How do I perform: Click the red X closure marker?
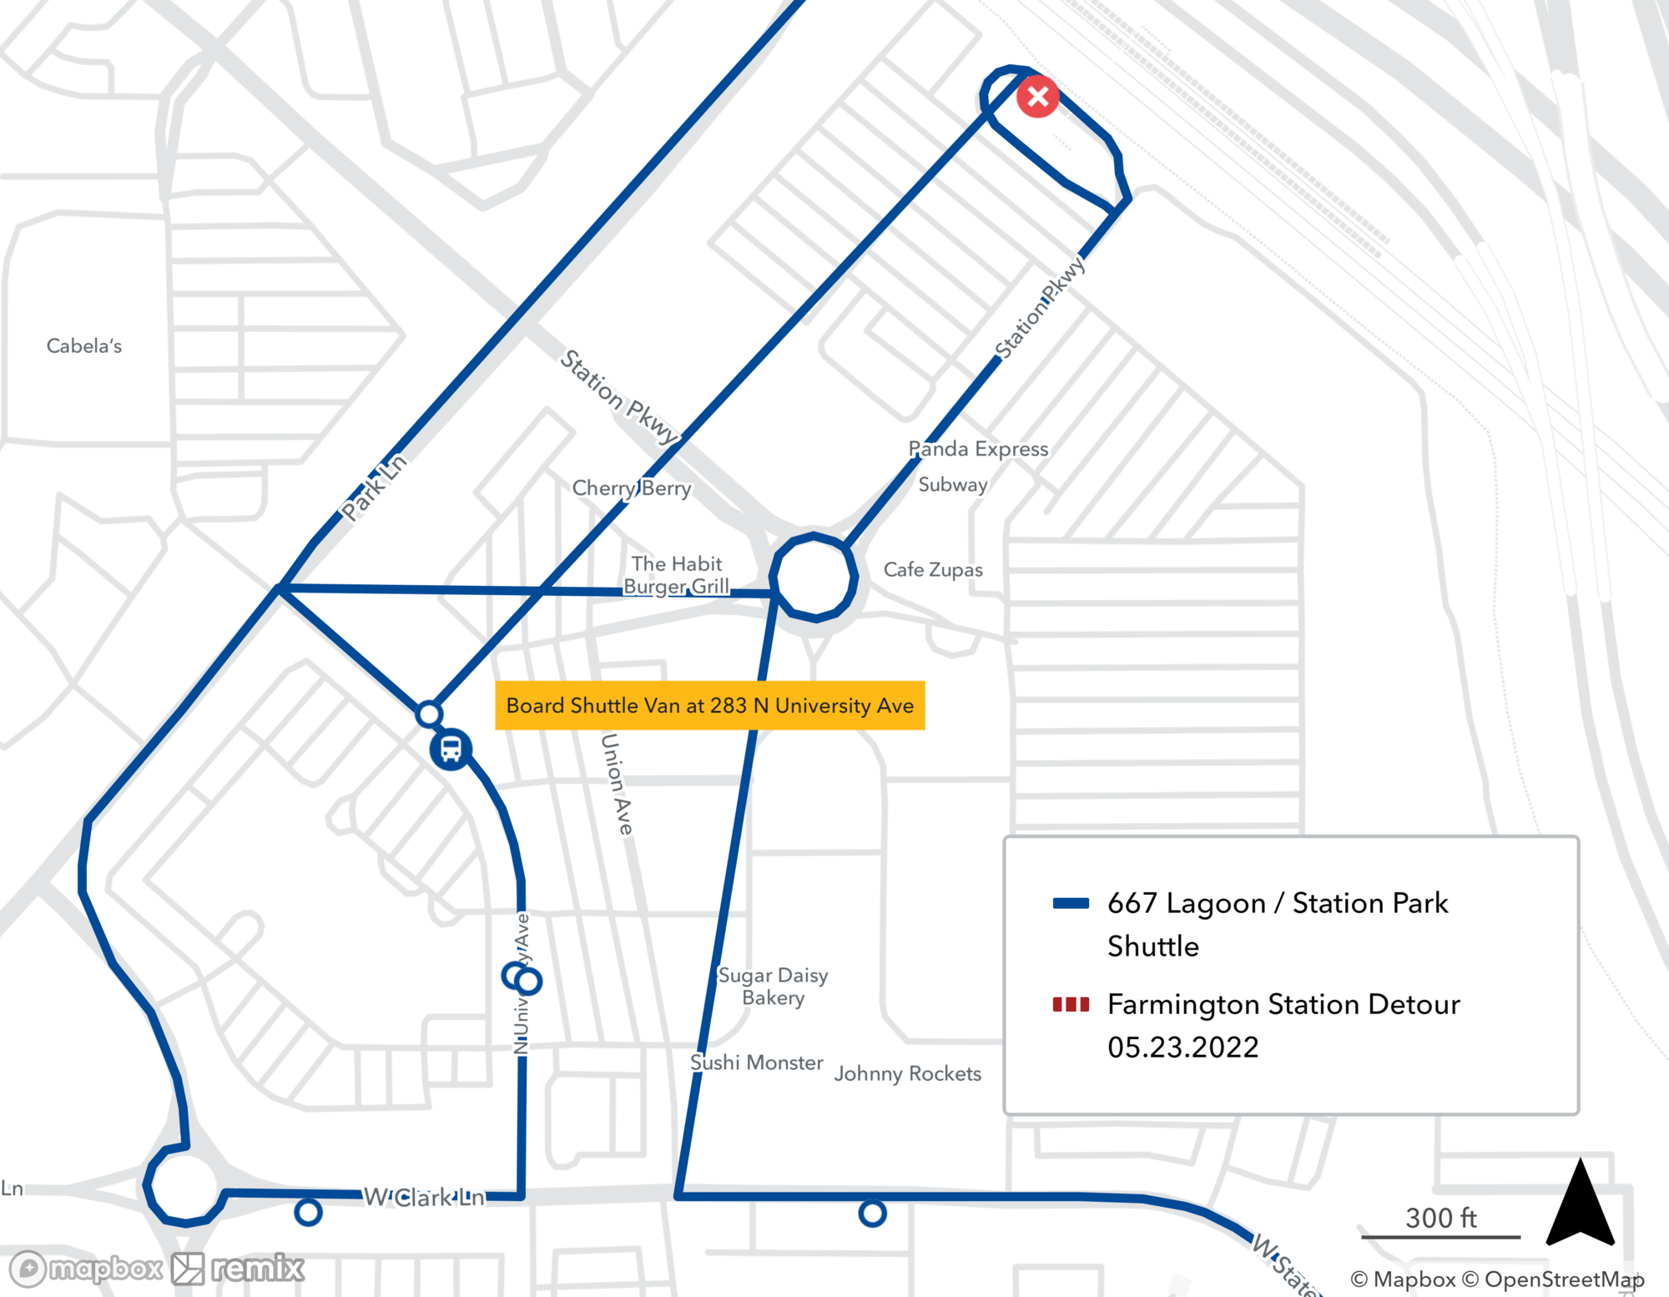click(x=1037, y=97)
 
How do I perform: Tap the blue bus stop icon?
click(x=451, y=749)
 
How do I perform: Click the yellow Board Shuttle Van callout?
click(x=709, y=705)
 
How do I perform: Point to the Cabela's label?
click(x=83, y=346)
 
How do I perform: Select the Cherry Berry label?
click(x=632, y=487)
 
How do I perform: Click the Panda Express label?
click(x=978, y=449)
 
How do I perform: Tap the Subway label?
click(x=952, y=484)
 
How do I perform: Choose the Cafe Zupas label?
click(x=933, y=569)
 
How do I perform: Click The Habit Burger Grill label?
click(x=677, y=575)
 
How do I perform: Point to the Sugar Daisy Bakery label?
click(x=773, y=986)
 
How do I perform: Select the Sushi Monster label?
click(x=756, y=1062)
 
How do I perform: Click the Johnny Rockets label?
click(x=907, y=1073)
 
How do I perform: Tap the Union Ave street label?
click(x=617, y=784)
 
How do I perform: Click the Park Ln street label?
click(x=374, y=487)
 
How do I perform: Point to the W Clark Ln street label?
click(x=424, y=1198)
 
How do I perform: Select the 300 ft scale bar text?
click(x=1440, y=1218)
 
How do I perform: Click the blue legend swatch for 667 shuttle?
click(x=1071, y=903)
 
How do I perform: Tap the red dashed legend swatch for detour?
click(x=1071, y=1004)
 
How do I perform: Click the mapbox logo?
click(x=86, y=1269)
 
